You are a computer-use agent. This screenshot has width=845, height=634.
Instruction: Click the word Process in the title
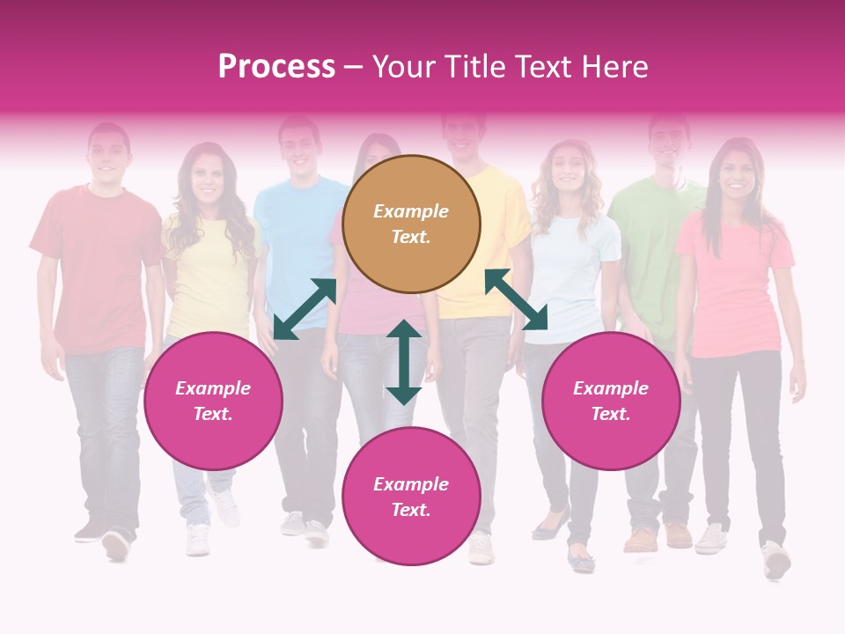click(x=276, y=67)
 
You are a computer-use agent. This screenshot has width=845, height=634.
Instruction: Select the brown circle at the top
click(x=411, y=224)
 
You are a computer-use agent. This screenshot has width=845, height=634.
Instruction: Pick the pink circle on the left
click(x=213, y=401)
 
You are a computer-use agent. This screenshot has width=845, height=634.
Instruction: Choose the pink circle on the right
click(x=611, y=401)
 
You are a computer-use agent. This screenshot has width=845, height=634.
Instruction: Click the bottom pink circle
click(x=411, y=497)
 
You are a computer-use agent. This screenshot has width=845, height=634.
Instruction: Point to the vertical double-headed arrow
click(x=404, y=362)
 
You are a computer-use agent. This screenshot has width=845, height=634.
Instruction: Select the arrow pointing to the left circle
click(x=305, y=309)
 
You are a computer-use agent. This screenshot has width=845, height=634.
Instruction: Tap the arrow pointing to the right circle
click(x=516, y=299)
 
